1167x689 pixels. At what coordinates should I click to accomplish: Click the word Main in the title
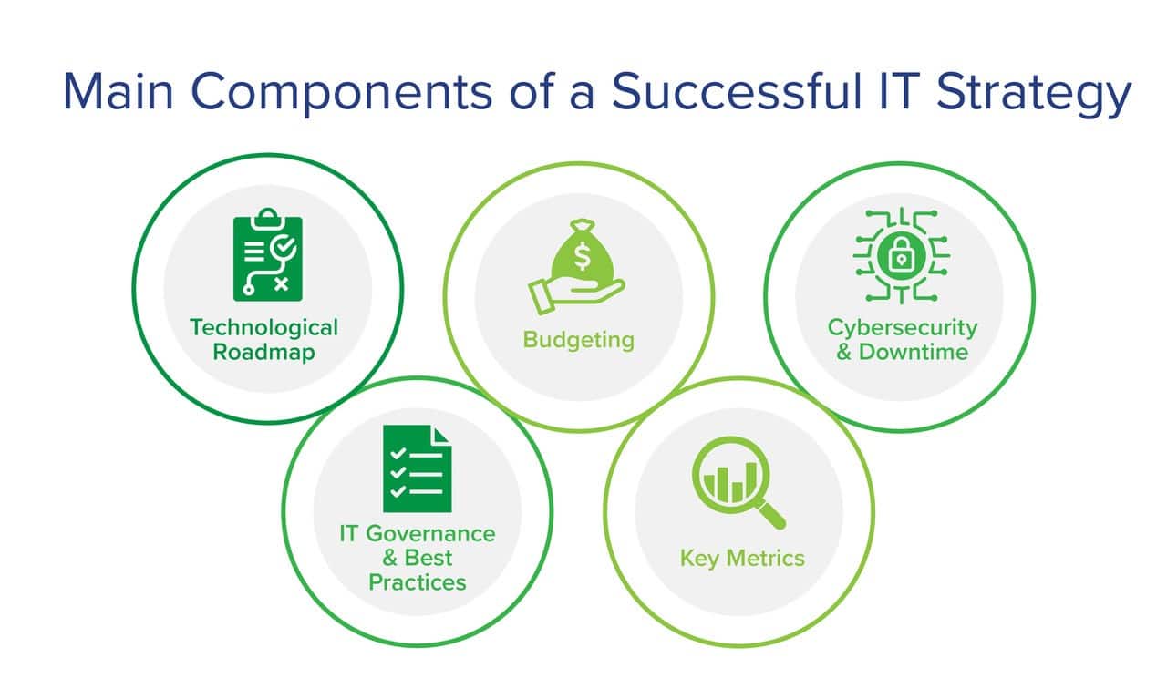[x=118, y=92]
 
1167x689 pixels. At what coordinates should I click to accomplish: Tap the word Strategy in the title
[x=1034, y=94]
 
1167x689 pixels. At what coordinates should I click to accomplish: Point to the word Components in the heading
[x=342, y=94]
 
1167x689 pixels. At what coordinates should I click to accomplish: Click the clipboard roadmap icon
[x=268, y=254]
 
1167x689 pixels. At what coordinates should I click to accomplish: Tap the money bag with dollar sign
[x=583, y=249]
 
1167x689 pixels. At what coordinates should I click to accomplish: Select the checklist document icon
[x=417, y=468]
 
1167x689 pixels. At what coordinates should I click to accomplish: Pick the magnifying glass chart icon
[x=738, y=483]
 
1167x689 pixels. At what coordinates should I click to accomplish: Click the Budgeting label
[x=579, y=340]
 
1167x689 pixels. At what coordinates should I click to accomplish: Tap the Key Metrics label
[x=742, y=559]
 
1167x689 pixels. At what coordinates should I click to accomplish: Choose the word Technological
[x=264, y=328]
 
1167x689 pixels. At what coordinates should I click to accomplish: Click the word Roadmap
[x=264, y=352]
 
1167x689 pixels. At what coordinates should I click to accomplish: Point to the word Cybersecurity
[x=903, y=328]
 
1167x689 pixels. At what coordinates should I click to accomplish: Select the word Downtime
[x=914, y=352]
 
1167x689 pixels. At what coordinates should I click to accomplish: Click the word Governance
[x=430, y=534]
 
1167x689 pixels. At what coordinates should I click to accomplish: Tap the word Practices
[x=418, y=582]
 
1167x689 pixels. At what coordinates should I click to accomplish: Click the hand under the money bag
[x=576, y=294]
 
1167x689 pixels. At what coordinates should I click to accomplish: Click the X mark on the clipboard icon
[x=282, y=284]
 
